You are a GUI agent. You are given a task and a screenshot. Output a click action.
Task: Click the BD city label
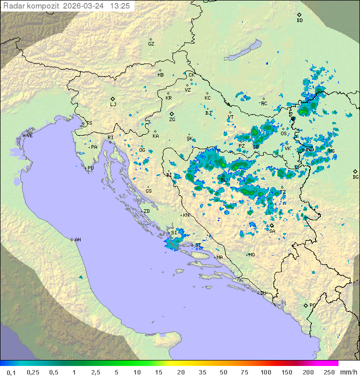(x=299, y=21)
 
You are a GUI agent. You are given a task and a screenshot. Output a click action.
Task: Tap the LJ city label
(x=113, y=105)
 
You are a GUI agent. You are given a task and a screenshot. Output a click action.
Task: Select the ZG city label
(x=172, y=120)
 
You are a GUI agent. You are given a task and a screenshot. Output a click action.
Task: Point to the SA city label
(x=272, y=231)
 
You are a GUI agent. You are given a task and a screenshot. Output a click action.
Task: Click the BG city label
(x=355, y=177)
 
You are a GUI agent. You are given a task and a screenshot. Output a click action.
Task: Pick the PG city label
(x=312, y=305)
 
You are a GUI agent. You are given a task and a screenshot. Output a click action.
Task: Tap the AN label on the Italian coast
(x=77, y=240)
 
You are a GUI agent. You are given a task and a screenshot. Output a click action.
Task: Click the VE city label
(x=29, y=136)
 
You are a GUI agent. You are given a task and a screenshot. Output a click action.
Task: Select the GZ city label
(x=151, y=44)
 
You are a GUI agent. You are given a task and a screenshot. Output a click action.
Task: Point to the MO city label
(x=251, y=255)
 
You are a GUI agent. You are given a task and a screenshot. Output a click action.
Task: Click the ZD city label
(x=146, y=211)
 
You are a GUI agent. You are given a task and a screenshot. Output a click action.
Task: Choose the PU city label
(x=90, y=168)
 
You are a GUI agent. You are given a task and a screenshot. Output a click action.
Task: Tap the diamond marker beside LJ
(x=113, y=99)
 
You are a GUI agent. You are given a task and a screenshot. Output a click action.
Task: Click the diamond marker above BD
(x=299, y=15)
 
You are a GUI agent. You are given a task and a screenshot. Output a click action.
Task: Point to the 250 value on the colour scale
(x=329, y=372)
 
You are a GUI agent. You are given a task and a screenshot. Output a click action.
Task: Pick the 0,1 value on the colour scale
(x=11, y=372)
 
